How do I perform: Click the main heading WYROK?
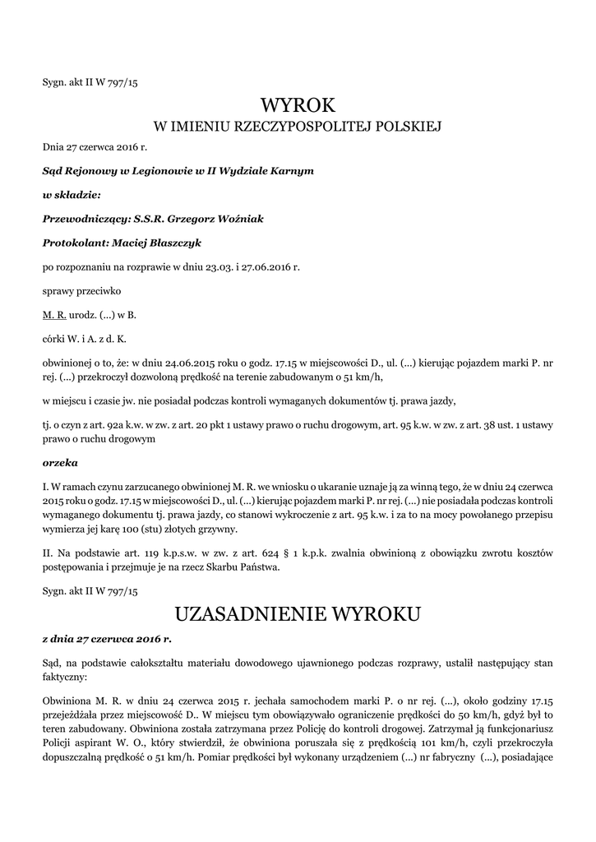(298, 105)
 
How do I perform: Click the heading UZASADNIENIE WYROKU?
(298, 614)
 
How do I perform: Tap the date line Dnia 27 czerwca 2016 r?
(95, 147)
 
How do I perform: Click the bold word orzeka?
(60, 462)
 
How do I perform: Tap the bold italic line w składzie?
(72, 195)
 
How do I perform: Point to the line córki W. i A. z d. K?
(85, 338)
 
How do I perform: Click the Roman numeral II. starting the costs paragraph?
(48, 548)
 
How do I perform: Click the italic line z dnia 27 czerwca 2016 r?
(107, 638)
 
